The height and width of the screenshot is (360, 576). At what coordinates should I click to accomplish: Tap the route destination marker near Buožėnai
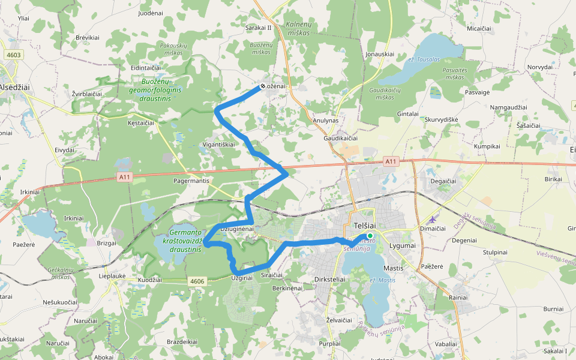[x=263, y=86]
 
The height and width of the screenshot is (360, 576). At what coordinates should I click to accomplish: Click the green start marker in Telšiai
[x=370, y=236]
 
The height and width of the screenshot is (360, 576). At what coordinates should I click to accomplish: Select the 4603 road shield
[x=13, y=55]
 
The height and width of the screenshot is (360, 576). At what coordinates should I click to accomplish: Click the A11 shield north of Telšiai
[x=391, y=161]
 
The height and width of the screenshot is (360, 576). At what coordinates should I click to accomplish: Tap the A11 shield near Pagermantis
[x=125, y=176]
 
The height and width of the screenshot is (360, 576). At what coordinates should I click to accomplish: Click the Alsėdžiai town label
[x=14, y=87]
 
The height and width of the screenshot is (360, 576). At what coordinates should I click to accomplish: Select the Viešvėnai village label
[x=555, y=257]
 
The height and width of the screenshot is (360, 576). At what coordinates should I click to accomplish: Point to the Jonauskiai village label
[x=379, y=54]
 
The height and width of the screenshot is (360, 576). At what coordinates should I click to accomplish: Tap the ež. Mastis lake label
[x=382, y=280]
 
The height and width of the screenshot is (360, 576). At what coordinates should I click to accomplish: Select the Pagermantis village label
[x=191, y=181]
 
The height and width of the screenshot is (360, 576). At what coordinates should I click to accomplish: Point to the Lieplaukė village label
[x=112, y=276]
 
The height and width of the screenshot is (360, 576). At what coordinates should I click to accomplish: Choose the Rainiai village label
[x=458, y=297]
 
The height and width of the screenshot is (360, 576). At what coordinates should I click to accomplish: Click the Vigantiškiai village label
[x=218, y=145]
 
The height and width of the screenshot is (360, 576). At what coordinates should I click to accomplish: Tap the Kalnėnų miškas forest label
[x=298, y=28]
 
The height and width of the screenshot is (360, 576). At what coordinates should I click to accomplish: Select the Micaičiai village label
[x=478, y=28]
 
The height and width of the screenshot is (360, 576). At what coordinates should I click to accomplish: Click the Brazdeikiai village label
[x=182, y=341]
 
